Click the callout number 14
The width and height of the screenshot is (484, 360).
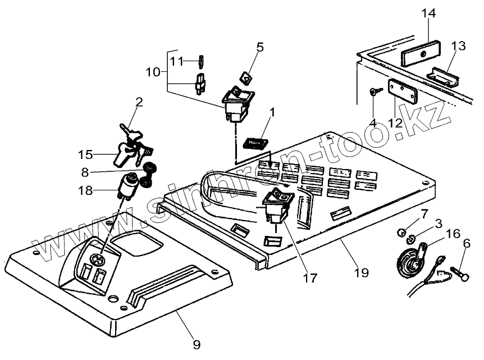[x=429, y=13]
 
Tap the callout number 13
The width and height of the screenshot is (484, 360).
[x=458, y=45]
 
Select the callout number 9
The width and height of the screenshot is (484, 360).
[x=197, y=344]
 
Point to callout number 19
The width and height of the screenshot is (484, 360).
[x=362, y=272]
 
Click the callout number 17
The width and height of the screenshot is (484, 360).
[x=310, y=278]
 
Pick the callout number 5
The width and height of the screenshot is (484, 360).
[x=260, y=47]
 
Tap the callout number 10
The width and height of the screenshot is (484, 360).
[x=153, y=72]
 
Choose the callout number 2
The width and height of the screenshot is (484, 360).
[x=139, y=102]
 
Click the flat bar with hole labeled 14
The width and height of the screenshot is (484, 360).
[x=421, y=53]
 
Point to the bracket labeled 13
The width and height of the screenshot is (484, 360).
[x=443, y=76]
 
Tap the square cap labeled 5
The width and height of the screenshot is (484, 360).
[x=246, y=78]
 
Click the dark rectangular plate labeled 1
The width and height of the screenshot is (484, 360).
[x=256, y=143]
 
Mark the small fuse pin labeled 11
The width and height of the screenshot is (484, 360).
[x=201, y=61]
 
